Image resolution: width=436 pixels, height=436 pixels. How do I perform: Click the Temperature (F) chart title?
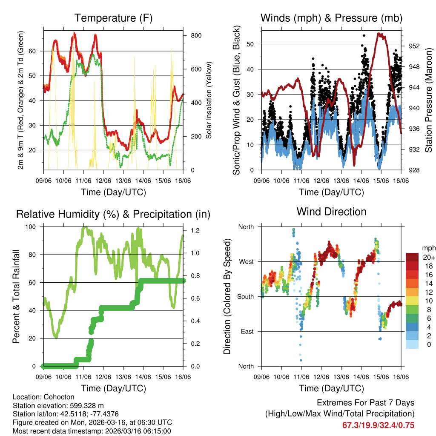tap(113, 18)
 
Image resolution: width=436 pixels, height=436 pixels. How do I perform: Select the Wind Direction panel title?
tap(331, 212)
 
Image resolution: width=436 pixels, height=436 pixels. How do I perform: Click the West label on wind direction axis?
tap(246, 261)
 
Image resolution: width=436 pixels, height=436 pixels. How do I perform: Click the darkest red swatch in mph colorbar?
tap(412, 258)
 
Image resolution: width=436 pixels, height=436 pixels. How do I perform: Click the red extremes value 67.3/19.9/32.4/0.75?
tap(378, 425)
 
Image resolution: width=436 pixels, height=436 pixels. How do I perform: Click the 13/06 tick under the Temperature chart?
tap(123, 181)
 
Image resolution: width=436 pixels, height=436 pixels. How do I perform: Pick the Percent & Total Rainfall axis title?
tap(16, 296)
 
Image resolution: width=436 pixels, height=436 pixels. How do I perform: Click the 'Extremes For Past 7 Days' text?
tap(365, 403)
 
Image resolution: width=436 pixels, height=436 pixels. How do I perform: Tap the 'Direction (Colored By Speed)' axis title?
tap(227, 296)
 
